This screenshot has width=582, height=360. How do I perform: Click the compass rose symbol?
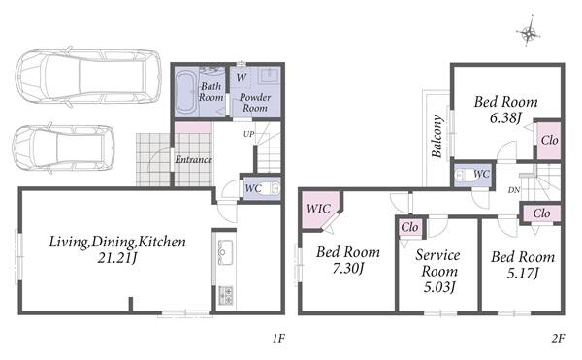528,32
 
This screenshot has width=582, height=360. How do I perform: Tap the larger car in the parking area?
88,78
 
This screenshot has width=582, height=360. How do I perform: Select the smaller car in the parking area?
63,148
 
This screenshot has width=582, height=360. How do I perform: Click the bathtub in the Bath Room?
185,92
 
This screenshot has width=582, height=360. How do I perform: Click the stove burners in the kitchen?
226,295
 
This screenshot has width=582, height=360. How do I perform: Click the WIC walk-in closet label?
318,209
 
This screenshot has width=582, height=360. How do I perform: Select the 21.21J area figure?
117,258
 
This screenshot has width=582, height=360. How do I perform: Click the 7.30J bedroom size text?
348,268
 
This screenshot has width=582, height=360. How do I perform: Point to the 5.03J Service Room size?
439,287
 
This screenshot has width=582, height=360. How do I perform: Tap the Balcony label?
437,136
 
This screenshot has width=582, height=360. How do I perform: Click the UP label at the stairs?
248,134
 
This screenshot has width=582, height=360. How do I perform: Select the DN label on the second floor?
514,190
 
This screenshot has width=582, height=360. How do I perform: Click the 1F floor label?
278,338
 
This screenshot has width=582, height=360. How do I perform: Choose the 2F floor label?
558,338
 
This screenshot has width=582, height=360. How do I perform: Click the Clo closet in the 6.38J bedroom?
549,140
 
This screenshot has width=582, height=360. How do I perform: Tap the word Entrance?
193,159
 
